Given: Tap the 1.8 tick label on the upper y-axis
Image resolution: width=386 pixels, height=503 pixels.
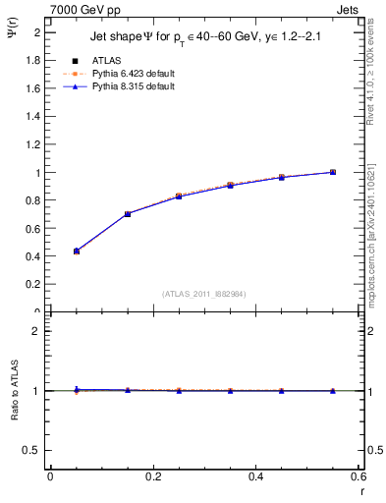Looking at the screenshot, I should [x=33, y=60].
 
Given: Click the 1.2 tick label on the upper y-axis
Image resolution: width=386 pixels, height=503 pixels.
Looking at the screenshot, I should [x=33, y=144].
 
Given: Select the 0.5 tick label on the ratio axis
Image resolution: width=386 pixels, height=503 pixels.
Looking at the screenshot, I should [x=33, y=450].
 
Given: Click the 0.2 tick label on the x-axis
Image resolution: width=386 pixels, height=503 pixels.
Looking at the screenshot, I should [x=152, y=476].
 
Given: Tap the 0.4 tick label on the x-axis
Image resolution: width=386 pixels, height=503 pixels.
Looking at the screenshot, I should [x=255, y=476].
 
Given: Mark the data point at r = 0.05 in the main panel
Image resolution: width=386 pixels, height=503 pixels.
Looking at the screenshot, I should [x=76, y=251].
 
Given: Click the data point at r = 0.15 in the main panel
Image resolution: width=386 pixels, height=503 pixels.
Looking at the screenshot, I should [x=128, y=213].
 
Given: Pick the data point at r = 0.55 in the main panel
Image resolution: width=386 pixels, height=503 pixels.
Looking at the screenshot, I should [x=333, y=172].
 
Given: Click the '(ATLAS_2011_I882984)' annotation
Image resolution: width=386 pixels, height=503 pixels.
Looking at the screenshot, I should [x=203, y=293].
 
